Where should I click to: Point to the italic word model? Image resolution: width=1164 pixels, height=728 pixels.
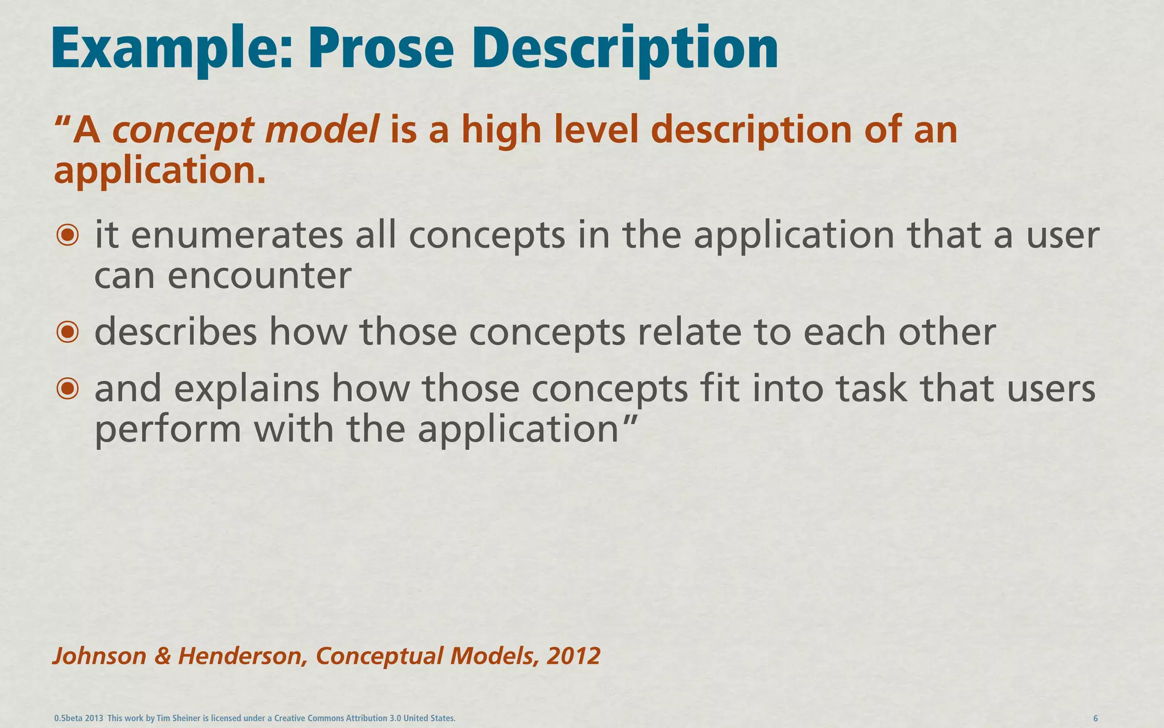(322, 130)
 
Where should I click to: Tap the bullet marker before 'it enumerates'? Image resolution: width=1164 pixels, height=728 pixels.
(68, 235)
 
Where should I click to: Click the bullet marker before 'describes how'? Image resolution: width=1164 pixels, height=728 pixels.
(68, 332)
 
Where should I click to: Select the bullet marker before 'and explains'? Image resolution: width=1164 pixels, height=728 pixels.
(68, 388)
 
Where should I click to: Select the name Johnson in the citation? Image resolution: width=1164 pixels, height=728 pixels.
(99, 656)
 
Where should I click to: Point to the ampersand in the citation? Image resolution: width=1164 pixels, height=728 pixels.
(163, 656)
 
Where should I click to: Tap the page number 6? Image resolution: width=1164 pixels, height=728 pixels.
(1095, 718)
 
